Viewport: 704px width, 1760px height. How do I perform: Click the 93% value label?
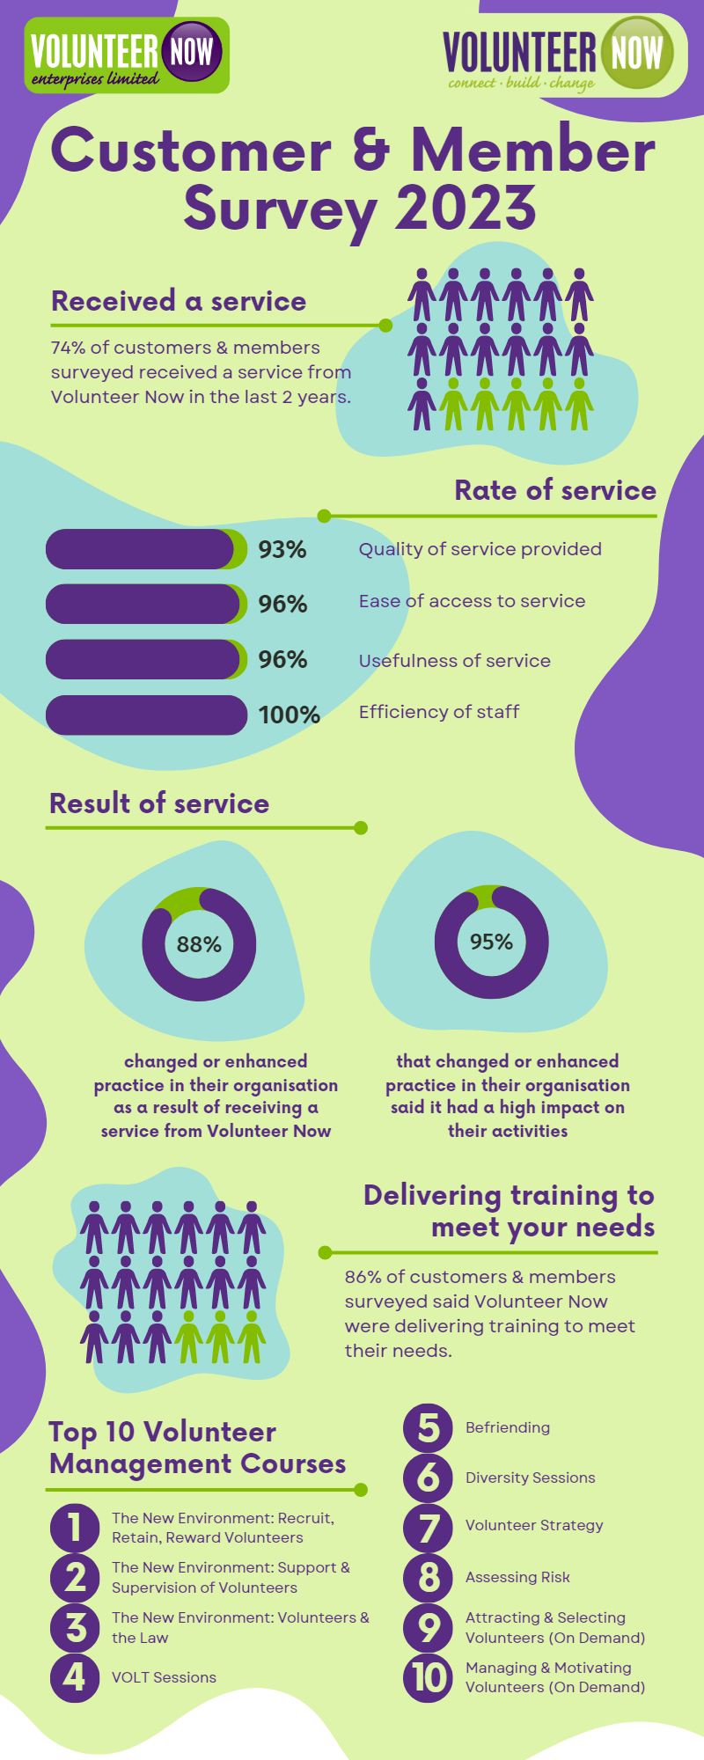pos(282,549)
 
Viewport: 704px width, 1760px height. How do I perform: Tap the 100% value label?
pos(289,715)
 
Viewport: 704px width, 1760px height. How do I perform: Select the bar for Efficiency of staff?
pos(146,715)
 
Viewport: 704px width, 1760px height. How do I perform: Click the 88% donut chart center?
pos(199,944)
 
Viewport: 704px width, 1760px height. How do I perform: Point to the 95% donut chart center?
pos(491,942)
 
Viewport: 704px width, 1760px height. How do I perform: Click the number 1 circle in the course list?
pos(75,1528)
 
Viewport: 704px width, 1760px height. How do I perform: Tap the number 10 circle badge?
pos(429,1676)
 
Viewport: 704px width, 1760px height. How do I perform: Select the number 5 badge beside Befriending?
pos(429,1427)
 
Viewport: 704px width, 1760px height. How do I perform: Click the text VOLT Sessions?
pos(164,1677)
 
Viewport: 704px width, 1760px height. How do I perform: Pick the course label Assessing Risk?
pos(517,1577)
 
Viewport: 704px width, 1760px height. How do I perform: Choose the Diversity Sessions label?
pos(531,1478)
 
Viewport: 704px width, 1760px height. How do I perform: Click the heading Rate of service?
pos(555,490)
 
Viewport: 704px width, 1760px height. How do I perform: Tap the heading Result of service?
pos(159,803)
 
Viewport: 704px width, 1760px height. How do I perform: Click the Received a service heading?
pos(179,301)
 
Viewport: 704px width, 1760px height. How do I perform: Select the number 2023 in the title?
pos(466,208)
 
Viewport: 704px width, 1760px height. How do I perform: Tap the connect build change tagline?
pos(522,84)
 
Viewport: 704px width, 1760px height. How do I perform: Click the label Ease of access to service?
pos(472,601)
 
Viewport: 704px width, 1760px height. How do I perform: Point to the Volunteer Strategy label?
pos(534,1525)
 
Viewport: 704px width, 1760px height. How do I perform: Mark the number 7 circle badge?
pos(429,1527)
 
